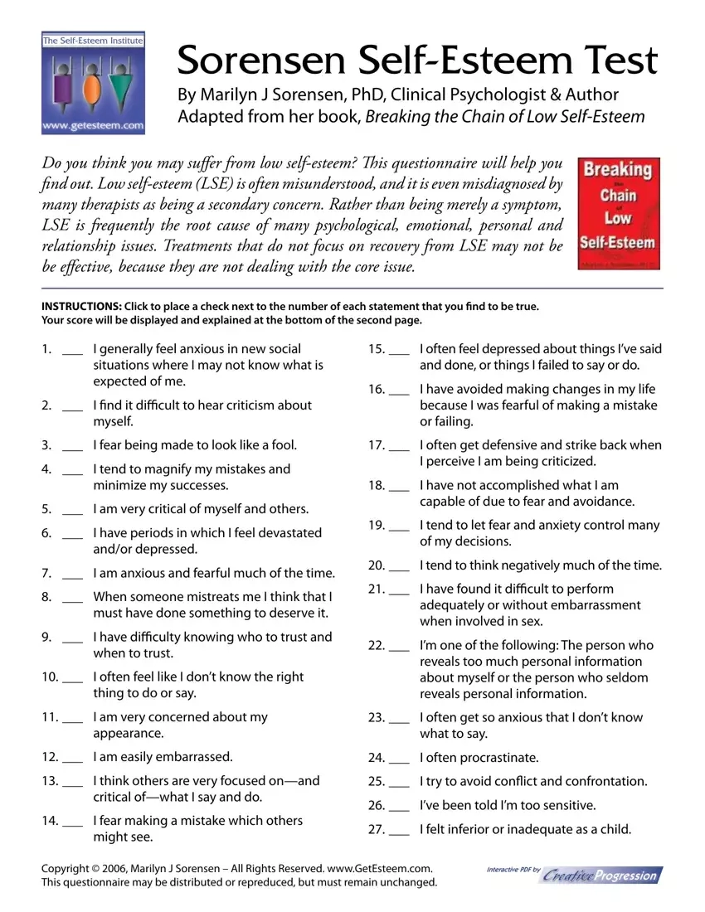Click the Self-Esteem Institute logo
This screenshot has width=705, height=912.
(x=93, y=82)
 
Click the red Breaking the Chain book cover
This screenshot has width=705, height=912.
(x=619, y=213)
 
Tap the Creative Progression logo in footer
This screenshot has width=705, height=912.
(x=603, y=875)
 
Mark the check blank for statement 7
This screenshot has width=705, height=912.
(x=72, y=575)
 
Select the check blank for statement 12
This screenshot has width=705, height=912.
(x=72, y=758)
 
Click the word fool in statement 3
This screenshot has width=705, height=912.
(x=283, y=445)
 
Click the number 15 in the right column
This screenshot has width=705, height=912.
(x=375, y=349)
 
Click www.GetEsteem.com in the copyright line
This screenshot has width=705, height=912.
(x=381, y=868)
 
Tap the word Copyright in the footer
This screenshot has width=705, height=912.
(x=66, y=868)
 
